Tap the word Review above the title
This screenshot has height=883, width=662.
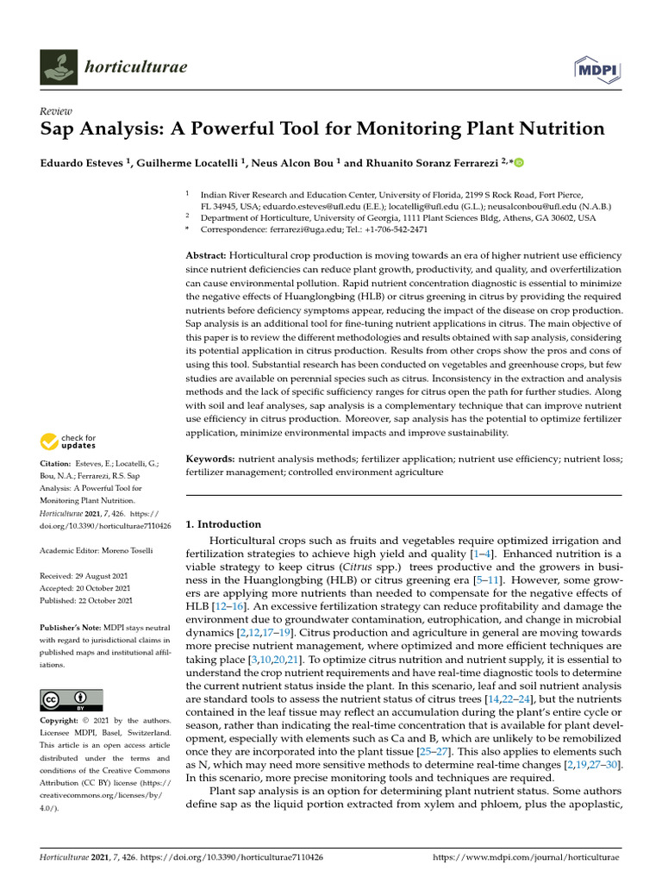click(55, 112)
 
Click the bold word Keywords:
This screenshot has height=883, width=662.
click(211, 460)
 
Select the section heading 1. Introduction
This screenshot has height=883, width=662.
click(224, 523)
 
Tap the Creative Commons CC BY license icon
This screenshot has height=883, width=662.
click(72, 698)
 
